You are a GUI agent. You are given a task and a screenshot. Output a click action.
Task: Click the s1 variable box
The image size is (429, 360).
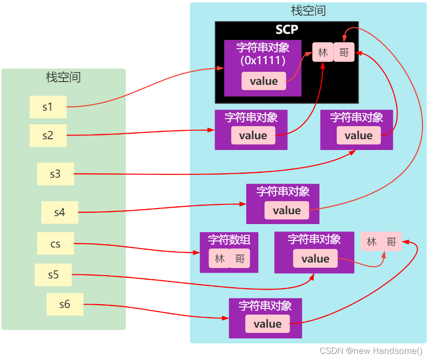point(48,107)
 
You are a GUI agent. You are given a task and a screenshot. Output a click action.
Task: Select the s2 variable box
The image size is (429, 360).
point(48,135)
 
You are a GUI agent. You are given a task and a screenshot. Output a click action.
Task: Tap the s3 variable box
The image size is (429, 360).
point(55,174)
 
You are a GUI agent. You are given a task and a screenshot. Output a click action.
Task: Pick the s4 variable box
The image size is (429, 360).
point(60,212)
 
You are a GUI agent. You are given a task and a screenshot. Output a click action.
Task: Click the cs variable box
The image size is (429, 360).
point(55,244)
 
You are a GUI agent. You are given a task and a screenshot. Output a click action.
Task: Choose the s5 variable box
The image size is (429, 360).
point(53,275)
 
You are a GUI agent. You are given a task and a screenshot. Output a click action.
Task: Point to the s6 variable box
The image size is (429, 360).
point(65,304)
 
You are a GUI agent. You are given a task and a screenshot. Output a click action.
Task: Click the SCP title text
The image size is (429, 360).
point(286,30)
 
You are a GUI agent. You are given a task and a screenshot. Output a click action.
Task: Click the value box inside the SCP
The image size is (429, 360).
point(263,81)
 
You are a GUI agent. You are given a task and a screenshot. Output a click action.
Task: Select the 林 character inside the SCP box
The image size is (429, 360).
point(323,52)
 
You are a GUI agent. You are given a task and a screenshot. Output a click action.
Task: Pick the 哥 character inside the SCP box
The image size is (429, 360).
point(344,52)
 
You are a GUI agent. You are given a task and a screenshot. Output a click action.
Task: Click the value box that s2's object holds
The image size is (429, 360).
point(253,135)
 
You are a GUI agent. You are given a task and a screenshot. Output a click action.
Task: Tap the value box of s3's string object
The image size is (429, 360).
point(358,135)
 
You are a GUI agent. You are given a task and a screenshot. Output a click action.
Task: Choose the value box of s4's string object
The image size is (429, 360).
point(286,210)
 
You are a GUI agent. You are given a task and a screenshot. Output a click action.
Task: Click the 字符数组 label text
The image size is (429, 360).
point(229,240)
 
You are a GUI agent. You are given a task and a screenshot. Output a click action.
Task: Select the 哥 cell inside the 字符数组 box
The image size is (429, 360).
point(240,259)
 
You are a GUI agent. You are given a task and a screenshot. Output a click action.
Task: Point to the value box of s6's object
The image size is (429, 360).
point(267,324)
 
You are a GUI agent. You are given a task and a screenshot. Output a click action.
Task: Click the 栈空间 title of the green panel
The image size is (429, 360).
point(63,77)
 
